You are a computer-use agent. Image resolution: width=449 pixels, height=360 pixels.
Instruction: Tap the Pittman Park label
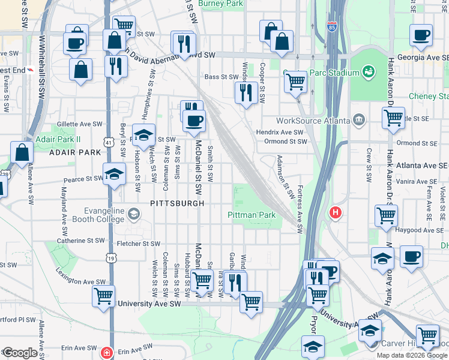tap(251, 215)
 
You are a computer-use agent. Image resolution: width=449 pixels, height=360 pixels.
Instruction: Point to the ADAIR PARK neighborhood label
tap(75, 152)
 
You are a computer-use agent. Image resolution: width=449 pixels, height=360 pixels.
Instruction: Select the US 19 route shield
tap(110, 258)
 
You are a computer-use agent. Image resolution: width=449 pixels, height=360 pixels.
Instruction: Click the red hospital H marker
tap(336, 212)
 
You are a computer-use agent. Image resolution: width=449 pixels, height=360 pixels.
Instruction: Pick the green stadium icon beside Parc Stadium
tap(369, 73)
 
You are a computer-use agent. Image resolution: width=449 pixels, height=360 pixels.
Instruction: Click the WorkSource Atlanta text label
tap(312, 120)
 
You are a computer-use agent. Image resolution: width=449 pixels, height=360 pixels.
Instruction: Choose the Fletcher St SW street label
tap(138, 244)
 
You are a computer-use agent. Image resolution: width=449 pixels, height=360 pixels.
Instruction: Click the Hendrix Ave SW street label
tap(280, 132)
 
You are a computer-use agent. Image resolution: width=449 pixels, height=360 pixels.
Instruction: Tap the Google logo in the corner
tap(20, 353)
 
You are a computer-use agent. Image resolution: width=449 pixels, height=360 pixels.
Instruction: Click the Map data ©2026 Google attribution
tap(412, 355)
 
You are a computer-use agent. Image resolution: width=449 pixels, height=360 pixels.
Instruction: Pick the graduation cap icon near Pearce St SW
tap(114, 175)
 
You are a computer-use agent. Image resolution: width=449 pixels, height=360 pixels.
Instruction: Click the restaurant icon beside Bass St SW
tap(246, 92)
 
